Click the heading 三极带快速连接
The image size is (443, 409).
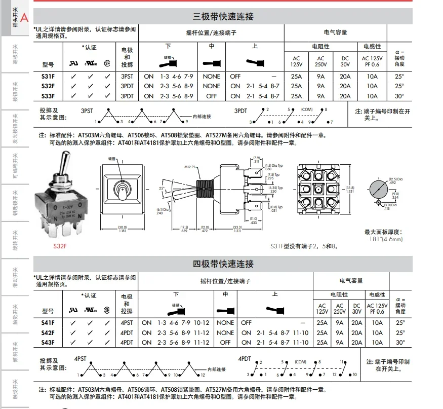[223, 17]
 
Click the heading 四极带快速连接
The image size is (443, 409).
[223, 264]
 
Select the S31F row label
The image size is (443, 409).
[48, 77]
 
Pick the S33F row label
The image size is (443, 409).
[48, 96]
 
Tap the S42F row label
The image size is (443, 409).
[48, 333]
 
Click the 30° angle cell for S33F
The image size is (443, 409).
[400, 96]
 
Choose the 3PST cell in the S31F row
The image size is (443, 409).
[127, 77]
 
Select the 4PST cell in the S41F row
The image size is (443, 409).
[127, 323]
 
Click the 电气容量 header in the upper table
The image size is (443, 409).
[335, 32]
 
